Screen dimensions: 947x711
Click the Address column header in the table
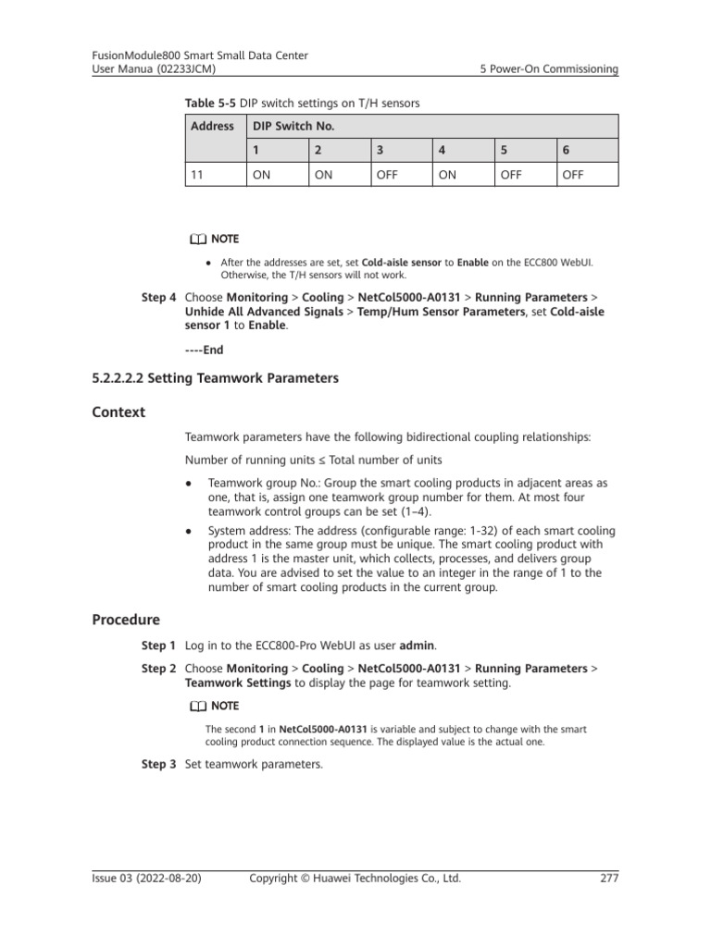coord(212,126)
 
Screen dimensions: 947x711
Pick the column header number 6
coord(567,149)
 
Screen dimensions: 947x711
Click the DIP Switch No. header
coord(292,126)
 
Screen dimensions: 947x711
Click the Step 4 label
coord(158,298)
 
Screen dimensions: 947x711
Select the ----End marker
coord(205,350)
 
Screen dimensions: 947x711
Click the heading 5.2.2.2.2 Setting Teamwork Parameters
coord(216,377)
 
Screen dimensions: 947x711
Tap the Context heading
coord(119,412)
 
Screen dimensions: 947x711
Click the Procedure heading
coord(126,619)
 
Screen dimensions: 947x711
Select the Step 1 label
coord(158,645)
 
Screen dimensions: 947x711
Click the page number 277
coord(608,879)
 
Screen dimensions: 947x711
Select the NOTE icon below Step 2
coord(197,706)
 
